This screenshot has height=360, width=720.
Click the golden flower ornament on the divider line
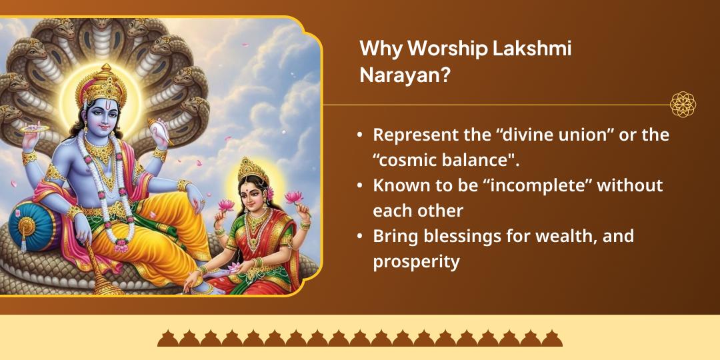point(683,105)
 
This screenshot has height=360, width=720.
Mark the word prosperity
point(416,262)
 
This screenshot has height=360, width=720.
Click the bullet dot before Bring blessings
point(360,236)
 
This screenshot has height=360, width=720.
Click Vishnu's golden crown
point(101,85)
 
